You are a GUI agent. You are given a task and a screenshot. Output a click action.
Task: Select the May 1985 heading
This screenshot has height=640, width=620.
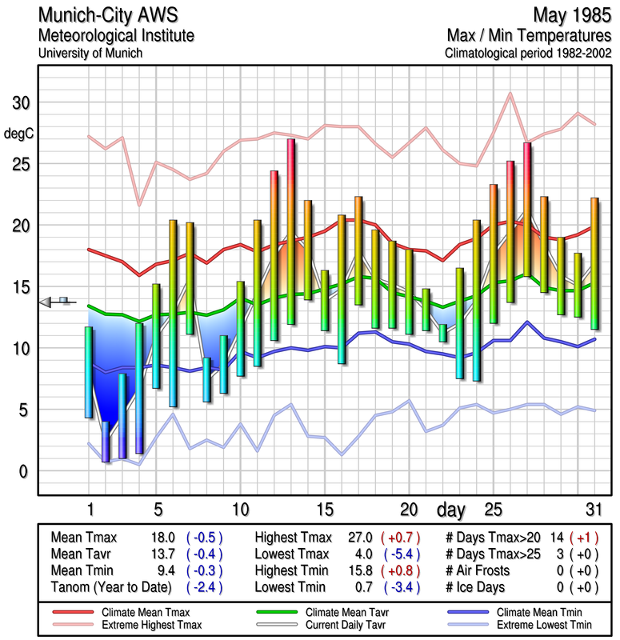tap(571, 15)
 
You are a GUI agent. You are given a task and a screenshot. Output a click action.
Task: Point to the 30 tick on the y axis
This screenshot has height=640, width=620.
tap(19, 103)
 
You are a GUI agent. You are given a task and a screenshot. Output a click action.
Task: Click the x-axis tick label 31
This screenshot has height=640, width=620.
tap(592, 509)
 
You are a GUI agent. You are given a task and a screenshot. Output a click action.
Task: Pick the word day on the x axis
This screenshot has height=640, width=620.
tap(452, 509)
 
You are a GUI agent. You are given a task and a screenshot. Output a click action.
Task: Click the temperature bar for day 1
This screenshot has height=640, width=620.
tap(89, 372)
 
